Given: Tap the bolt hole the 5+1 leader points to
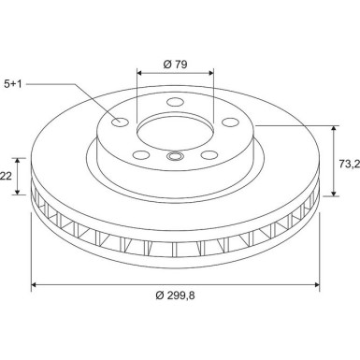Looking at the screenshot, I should point(120,121).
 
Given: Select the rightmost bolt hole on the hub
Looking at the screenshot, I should point(229,120).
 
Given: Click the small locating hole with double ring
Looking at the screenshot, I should point(175,157).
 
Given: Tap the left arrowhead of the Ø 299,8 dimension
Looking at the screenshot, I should point(34,283).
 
